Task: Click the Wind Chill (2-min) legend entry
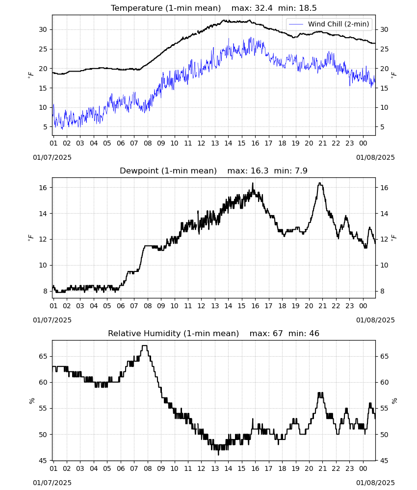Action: (x=329, y=24)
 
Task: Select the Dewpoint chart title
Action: (x=168, y=171)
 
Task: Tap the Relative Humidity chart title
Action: (x=173, y=333)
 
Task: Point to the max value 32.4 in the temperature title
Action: (x=264, y=8)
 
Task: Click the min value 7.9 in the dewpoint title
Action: (x=301, y=171)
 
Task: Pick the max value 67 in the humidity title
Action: (x=278, y=333)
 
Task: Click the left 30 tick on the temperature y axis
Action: (x=43, y=30)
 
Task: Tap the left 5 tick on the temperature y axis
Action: (x=45, y=127)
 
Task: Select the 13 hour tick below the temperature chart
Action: (x=215, y=143)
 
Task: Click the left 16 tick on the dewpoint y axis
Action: (x=43, y=188)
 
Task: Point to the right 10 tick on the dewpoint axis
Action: (x=384, y=265)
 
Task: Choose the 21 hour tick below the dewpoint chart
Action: (x=322, y=306)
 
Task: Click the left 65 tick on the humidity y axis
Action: (x=43, y=357)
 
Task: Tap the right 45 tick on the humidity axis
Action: (x=384, y=461)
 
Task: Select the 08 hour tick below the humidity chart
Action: (x=148, y=469)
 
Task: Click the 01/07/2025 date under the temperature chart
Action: (x=52, y=157)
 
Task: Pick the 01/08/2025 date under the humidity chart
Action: (x=375, y=483)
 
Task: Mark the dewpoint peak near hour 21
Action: (x=320, y=183)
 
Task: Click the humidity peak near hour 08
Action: (x=145, y=345)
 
